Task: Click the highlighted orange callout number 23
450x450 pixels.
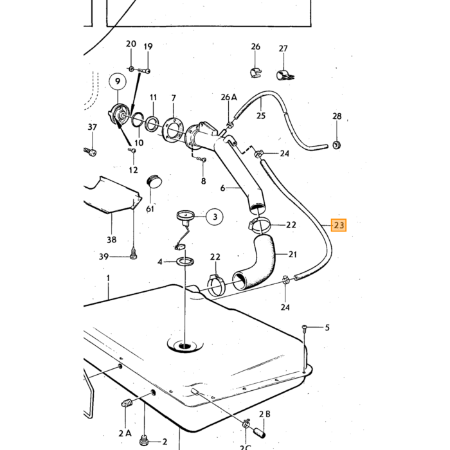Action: tap(339, 225)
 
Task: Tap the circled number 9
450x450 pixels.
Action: tap(118, 81)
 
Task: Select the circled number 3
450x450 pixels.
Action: tap(215, 217)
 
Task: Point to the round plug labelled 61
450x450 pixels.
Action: tap(154, 181)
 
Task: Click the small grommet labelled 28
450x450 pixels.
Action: tap(337, 145)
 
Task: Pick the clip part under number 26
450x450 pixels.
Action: tap(255, 73)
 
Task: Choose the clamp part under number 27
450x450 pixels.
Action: tap(285, 75)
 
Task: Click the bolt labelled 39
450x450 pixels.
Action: tap(133, 255)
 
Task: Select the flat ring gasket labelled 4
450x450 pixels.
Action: tap(185, 262)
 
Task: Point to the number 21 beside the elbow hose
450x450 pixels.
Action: tap(292, 254)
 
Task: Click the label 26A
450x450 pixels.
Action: tap(229, 97)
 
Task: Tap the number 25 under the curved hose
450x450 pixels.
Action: tap(261, 116)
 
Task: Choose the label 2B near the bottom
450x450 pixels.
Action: tap(265, 414)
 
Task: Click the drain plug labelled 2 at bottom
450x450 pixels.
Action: tap(144, 440)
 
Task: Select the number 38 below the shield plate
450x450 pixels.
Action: tap(112, 239)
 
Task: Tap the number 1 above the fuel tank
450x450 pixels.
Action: tap(108, 278)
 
